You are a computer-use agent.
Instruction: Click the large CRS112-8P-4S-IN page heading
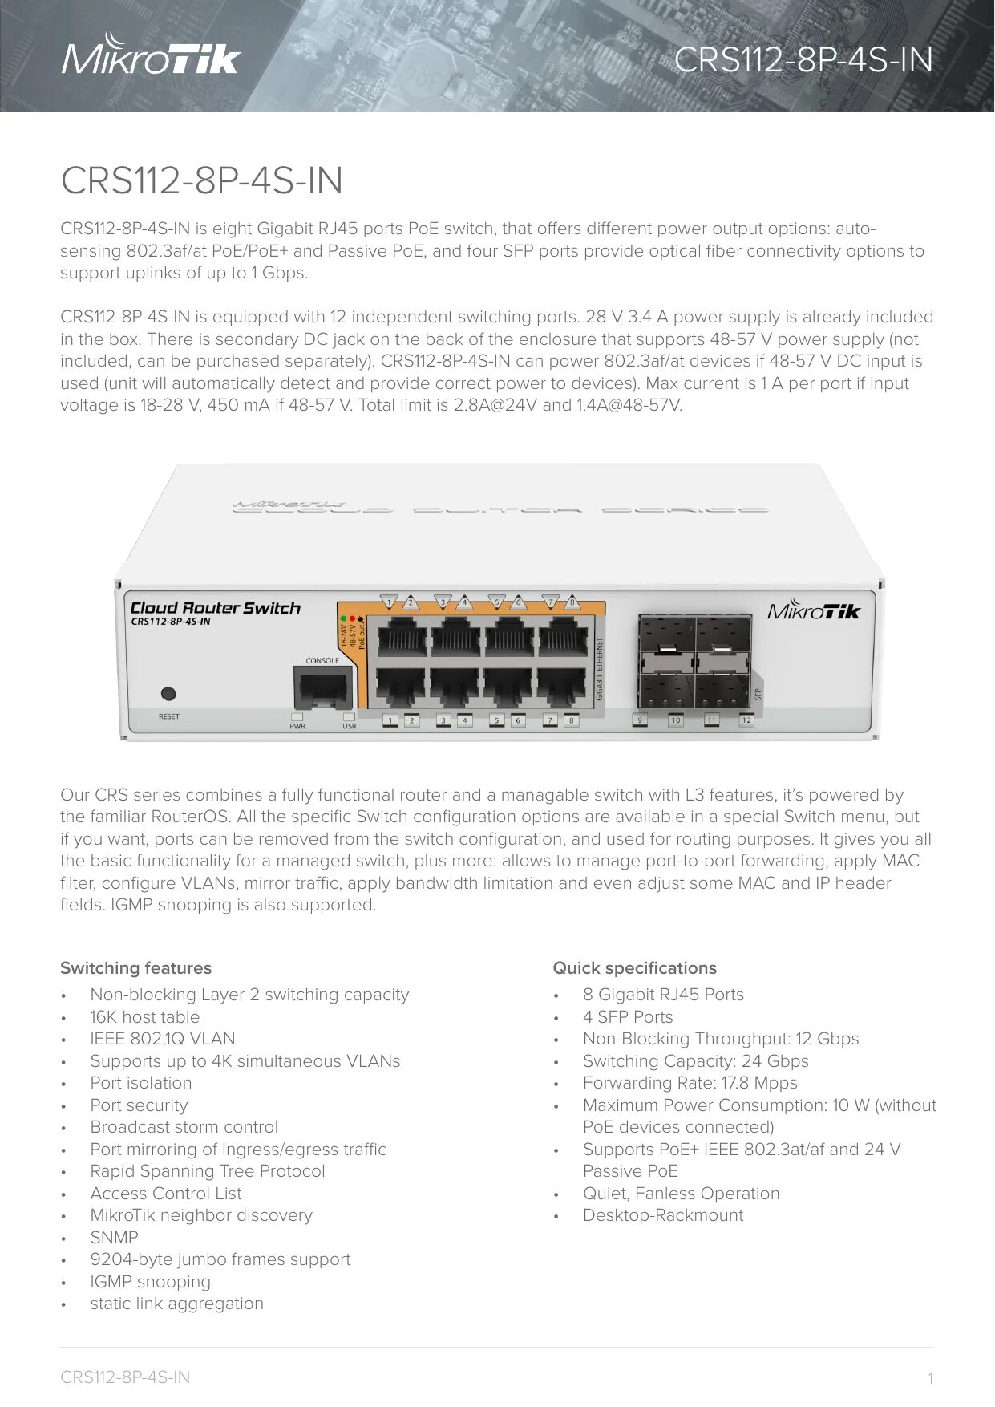click(201, 180)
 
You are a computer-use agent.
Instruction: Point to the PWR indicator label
click(297, 726)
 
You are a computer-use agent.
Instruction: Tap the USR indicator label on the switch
click(350, 726)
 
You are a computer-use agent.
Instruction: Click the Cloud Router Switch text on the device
click(215, 608)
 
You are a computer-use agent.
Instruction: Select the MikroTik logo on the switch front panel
click(813, 611)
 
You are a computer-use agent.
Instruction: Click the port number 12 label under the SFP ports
click(746, 720)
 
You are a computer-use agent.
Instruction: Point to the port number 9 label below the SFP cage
click(640, 720)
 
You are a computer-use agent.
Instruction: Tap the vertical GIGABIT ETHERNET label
click(599, 669)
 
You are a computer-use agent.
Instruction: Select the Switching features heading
click(135, 968)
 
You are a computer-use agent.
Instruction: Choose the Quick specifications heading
click(634, 968)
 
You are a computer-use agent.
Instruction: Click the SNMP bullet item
click(114, 1238)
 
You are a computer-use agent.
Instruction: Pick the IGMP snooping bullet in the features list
click(150, 1282)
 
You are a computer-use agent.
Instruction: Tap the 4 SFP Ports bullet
click(628, 1017)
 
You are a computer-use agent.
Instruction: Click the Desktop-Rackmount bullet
click(662, 1215)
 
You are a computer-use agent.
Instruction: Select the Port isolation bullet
click(140, 1083)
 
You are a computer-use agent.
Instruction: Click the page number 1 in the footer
click(930, 1379)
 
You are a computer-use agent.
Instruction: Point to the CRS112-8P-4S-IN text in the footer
click(125, 1377)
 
